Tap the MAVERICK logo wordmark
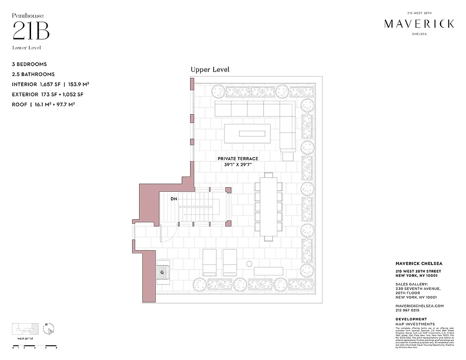click(x=419, y=24)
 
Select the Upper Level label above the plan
click(x=210, y=69)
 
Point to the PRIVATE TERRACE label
click(x=238, y=159)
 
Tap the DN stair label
click(x=174, y=198)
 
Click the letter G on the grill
click(x=161, y=272)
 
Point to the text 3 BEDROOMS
click(x=30, y=64)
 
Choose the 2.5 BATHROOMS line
click(x=34, y=74)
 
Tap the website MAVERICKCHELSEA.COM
click(x=420, y=306)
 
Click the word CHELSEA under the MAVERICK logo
click(x=419, y=33)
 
